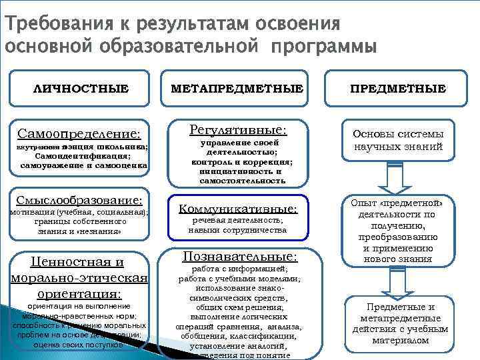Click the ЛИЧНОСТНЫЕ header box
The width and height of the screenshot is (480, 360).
coord(81,88)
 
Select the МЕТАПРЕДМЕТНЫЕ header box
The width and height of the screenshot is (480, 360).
coord(237,88)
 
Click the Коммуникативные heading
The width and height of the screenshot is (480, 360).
coord(237,209)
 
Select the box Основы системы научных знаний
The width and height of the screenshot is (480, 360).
coord(399,139)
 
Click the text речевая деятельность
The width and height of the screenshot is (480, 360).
coord(237,220)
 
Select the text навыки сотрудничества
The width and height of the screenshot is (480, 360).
coord(237,230)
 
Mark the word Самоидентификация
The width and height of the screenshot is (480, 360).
coord(81,155)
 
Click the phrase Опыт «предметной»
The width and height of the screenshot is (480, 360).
coord(398,203)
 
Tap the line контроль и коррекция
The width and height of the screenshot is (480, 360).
coord(238,161)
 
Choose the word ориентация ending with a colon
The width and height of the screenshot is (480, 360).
coord(79,293)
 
